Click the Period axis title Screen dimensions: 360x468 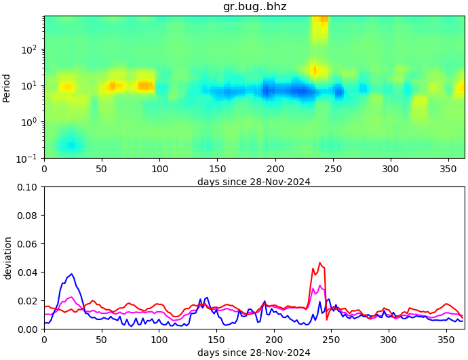point(7,87)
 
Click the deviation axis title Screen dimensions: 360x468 point(8,258)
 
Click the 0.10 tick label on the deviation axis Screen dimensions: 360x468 point(27,187)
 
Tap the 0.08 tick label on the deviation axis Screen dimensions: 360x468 point(27,216)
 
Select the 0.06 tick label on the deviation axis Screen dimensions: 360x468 point(27,244)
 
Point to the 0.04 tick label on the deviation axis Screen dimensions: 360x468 point(27,273)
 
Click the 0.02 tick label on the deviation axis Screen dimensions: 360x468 point(27,301)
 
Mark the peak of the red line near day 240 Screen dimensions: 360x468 point(320,263)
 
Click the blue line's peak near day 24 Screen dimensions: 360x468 point(72,274)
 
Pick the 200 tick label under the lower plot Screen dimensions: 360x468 point(275,340)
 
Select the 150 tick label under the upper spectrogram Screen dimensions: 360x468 point(217,169)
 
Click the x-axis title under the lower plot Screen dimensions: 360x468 point(254,353)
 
